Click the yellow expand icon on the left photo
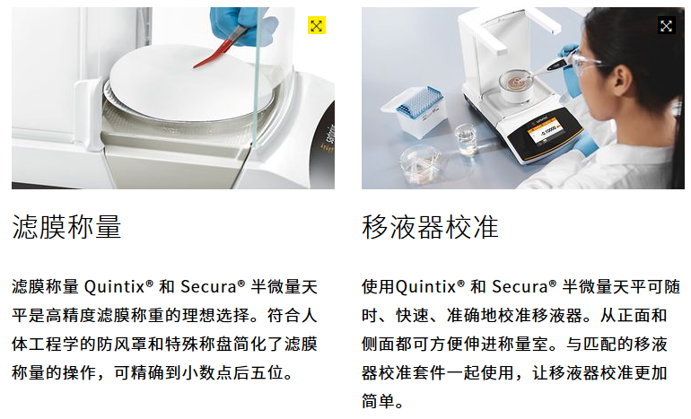point(317,26)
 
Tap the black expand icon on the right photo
point(666,26)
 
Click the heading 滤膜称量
point(67,227)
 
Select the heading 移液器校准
point(430,227)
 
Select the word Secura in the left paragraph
point(212,288)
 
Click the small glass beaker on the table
point(467,137)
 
